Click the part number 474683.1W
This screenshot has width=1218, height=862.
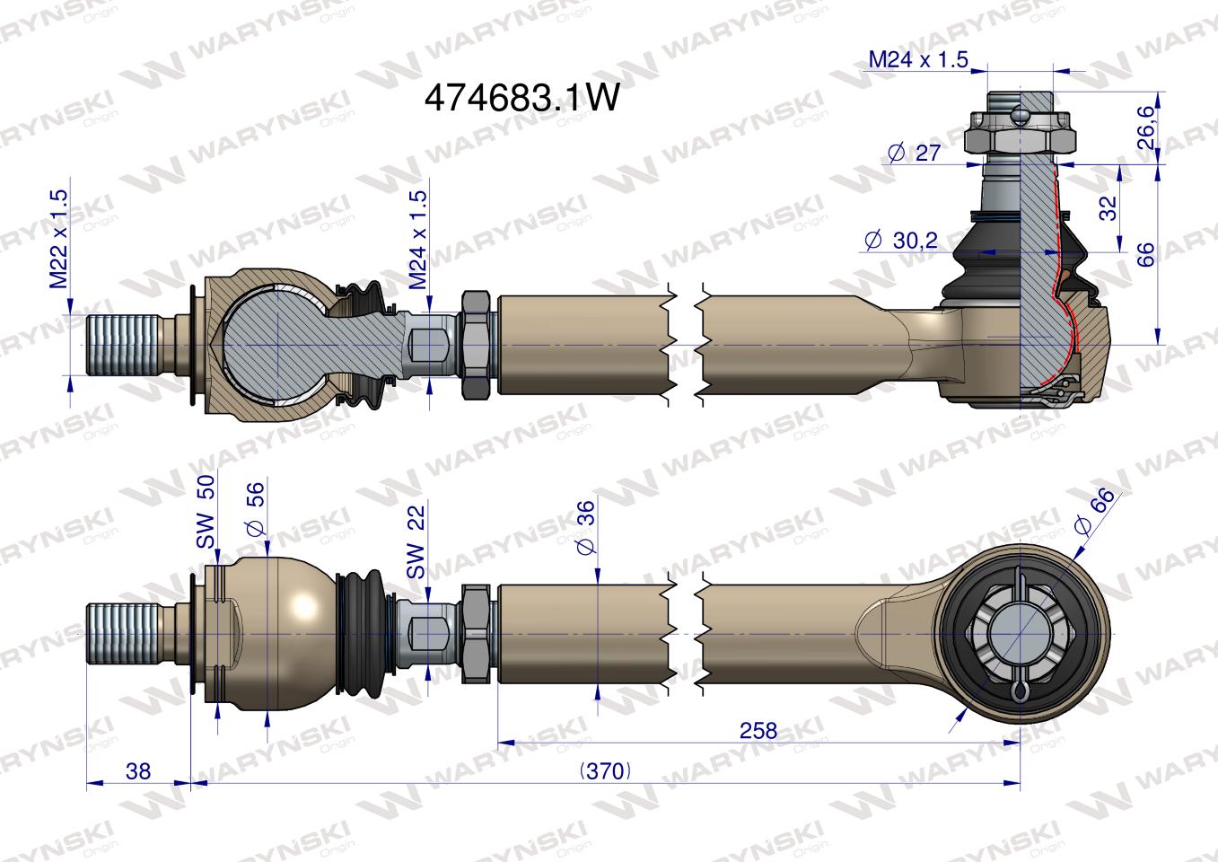coord(521,98)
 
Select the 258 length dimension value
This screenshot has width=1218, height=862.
coord(758,730)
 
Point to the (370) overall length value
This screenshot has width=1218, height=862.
coord(605,770)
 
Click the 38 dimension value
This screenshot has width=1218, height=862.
coord(138,770)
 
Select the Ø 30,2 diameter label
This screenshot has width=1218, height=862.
coord(900,240)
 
